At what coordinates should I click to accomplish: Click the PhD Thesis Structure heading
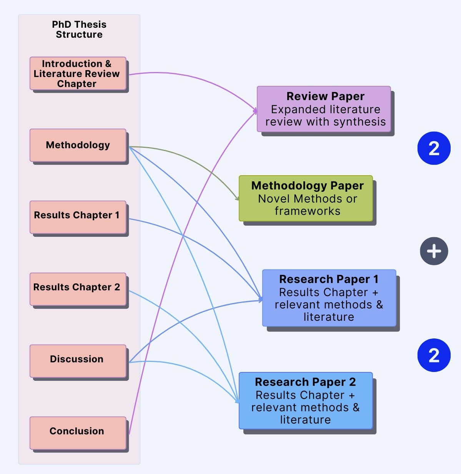79,29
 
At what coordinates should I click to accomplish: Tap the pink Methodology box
78,145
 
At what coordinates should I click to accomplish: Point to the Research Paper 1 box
329,298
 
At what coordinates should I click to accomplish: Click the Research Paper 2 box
306,400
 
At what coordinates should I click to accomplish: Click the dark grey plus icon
434,251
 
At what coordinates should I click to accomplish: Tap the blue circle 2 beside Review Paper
434,148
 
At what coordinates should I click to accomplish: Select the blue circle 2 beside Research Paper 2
434,355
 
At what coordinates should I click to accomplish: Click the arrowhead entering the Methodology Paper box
237,199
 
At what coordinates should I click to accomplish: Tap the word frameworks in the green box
307,211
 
